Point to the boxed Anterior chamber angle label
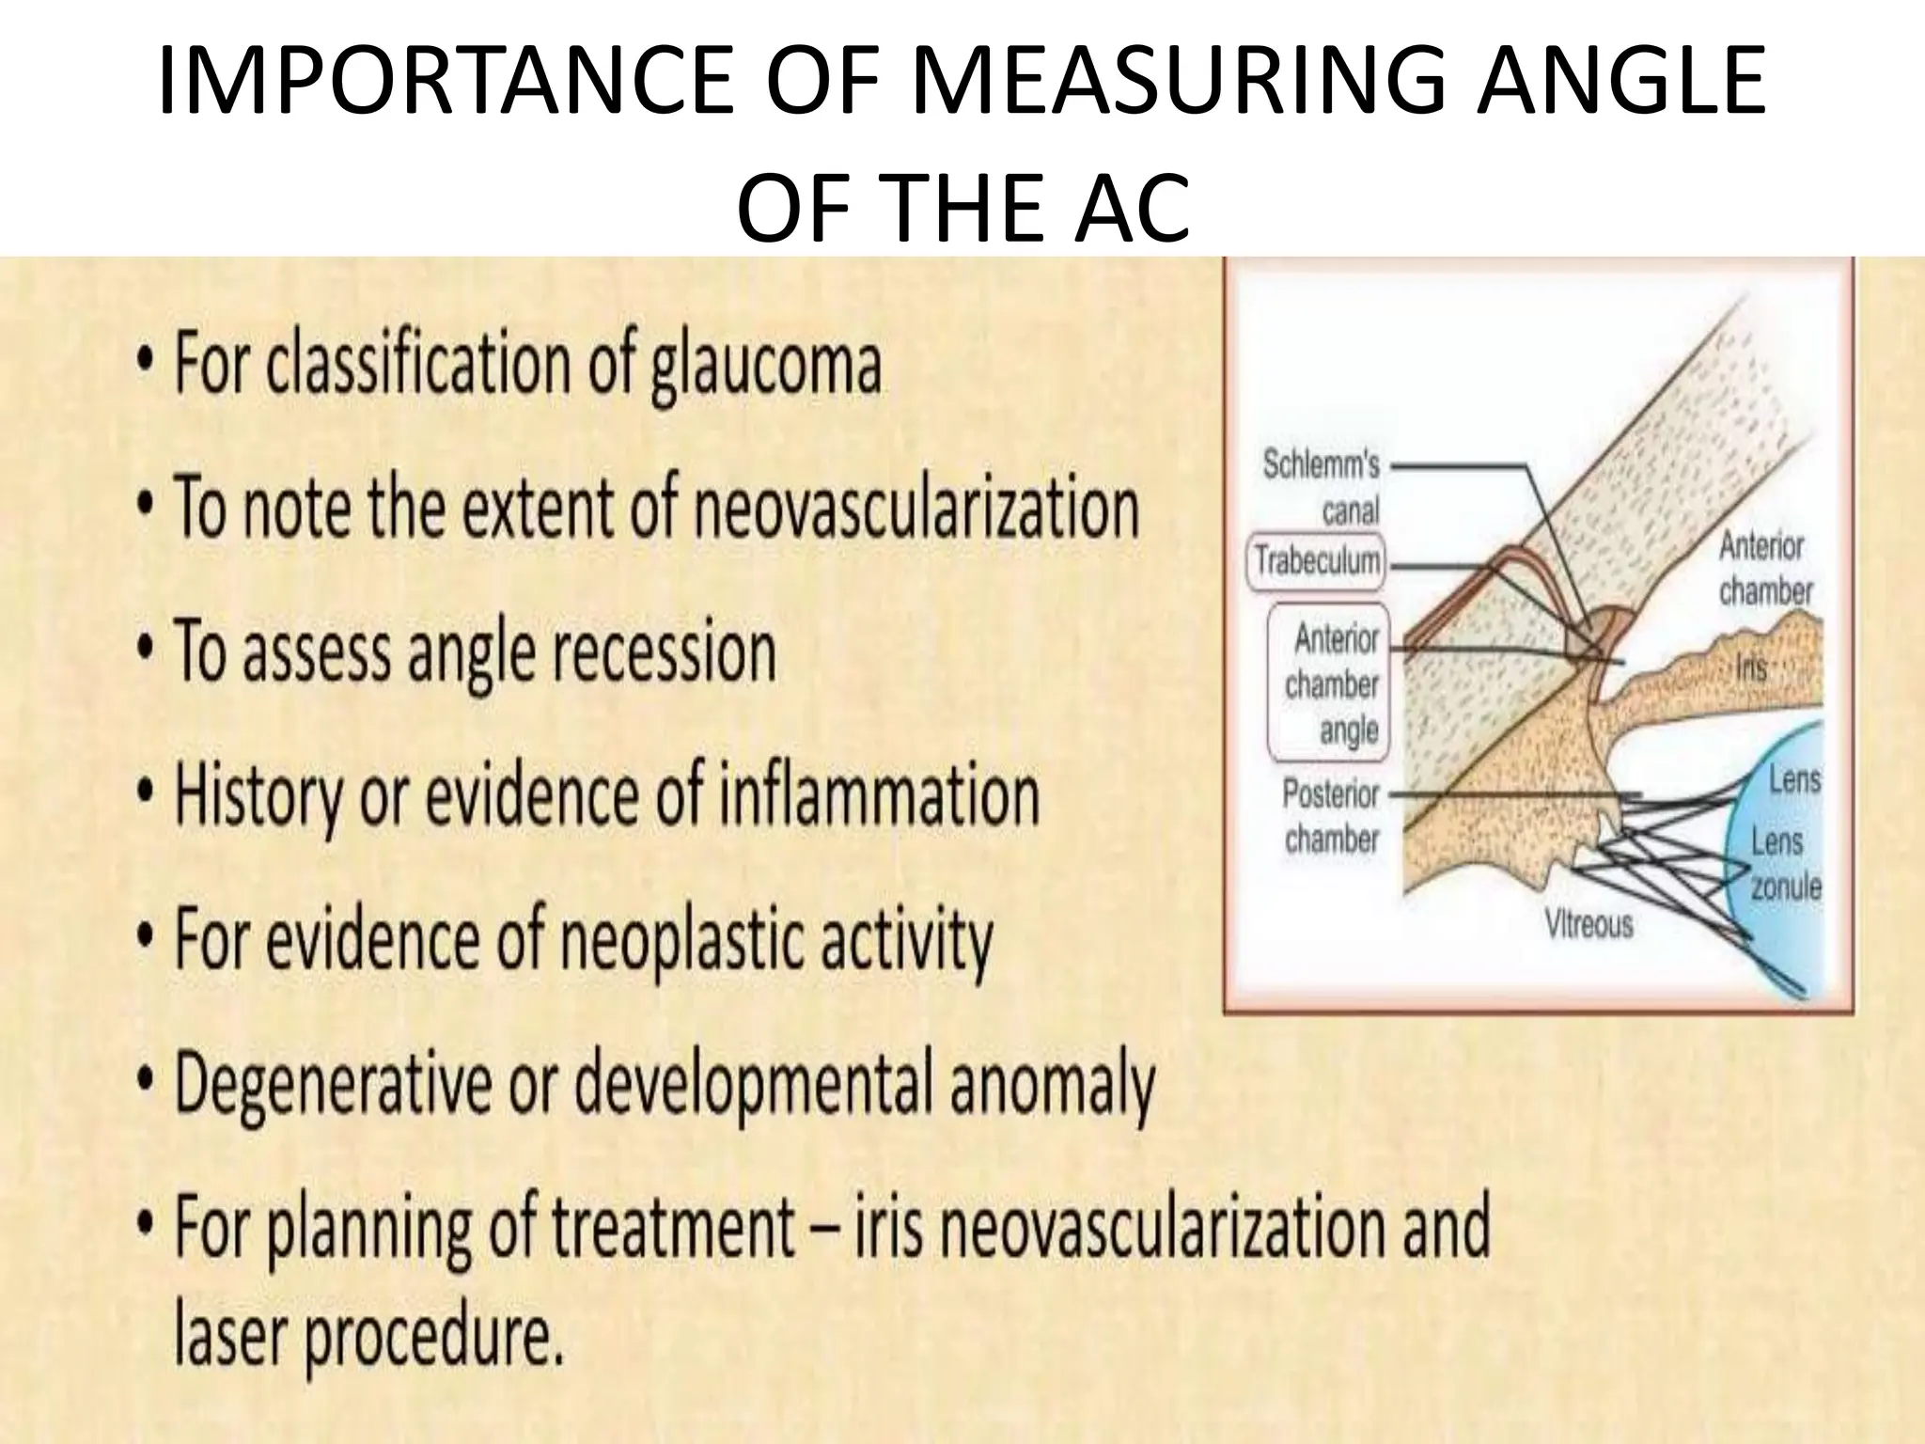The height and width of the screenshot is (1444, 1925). click(x=1335, y=683)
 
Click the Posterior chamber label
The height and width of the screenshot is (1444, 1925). click(x=1331, y=815)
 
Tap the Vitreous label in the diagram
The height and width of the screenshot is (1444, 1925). click(x=1589, y=925)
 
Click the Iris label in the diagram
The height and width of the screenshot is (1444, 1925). click(x=1751, y=667)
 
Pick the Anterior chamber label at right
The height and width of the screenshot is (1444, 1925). click(x=1764, y=568)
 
